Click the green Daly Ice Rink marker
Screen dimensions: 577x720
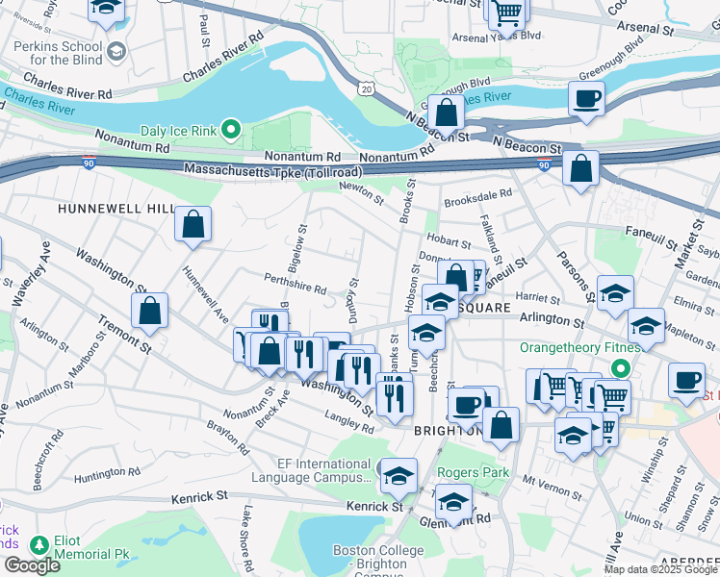231,128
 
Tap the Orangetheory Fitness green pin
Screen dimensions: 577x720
622,367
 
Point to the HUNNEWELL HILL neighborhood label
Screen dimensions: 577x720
116,209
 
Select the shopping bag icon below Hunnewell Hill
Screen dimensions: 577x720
193,225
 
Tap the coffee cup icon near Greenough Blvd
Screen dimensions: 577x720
586,98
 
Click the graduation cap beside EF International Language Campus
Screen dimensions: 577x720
399,475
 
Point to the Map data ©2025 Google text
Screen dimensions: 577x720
660,569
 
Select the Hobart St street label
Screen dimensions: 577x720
449,242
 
